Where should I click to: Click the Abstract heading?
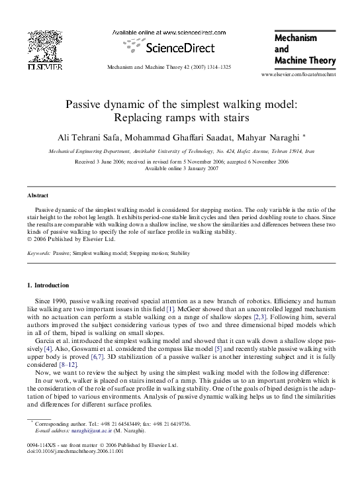pyautogui.click(x=38, y=196)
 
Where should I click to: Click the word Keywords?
pyautogui.click(x=39, y=253)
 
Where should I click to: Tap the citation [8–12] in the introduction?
pyautogui.click(x=69, y=364)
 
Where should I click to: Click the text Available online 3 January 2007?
pyautogui.click(x=180, y=168)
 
